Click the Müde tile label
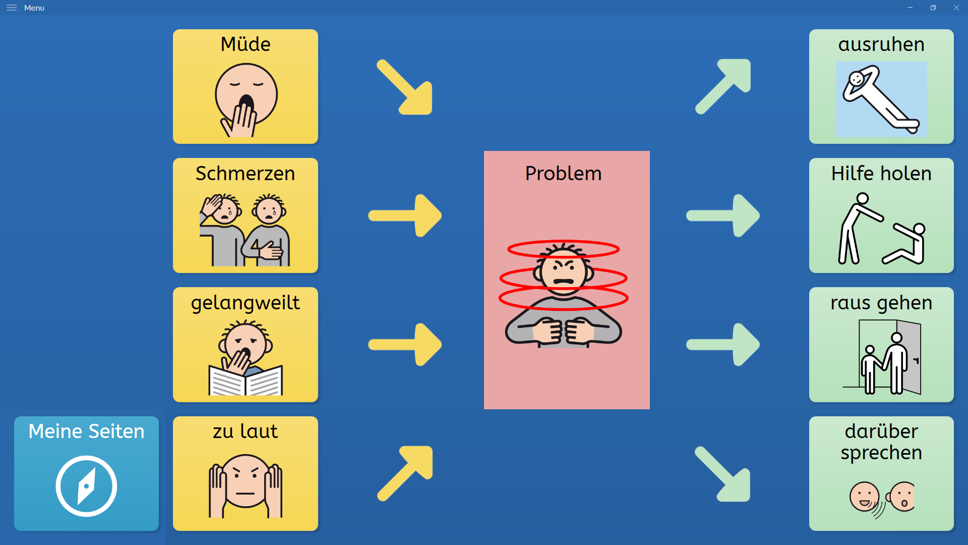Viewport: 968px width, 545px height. pyautogui.click(x=246, y=44)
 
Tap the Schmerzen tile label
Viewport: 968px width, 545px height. pyautogui.click(x=246, y=174)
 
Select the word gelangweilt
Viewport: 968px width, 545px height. pyautogui.click(x=246, y=303)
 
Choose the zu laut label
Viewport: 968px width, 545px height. pyautogui.click(x=246, y=431)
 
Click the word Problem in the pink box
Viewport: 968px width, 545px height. pyautogui.click(x=564, y=174)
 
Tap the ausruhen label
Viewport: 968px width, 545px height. pyautogui.click(x=881, y=45)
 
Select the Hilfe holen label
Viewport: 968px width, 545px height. pyautogui.click(x=881, y=174)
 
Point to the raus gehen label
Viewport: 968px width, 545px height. pyautogui.click(x=881, y=303)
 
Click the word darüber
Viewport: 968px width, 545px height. pyautogui.click(x=881, y=431)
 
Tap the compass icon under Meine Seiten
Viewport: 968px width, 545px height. pyautogui.click(x=86, y=486)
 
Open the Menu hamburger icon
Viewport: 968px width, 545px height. pyautogui.click(x=12, y=8)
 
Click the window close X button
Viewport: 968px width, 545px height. pyautogui.click(x=956, y=8)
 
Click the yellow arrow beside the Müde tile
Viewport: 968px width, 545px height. pyautogui.click(x=405, y=87)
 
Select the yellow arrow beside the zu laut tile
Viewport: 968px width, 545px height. pyautogui.click(x=405, y=473)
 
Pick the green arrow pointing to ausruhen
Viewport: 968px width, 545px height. pyautogui.click(x=723, y=86)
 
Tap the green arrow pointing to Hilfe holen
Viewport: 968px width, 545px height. pyautogui.click(x=723, y=215)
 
